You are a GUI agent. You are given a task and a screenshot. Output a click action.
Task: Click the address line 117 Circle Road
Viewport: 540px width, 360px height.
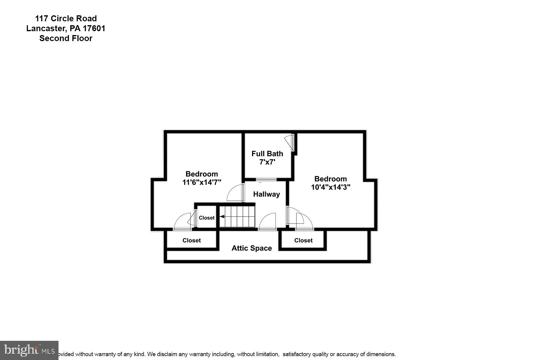tap(66, 19)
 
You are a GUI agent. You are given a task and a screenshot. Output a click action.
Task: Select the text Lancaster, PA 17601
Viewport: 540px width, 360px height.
tap(66, 28)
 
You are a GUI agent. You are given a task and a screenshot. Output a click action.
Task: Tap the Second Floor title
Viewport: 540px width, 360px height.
tap(66, 38)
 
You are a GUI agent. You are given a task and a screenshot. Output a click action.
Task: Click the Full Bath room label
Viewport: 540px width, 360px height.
tap(267, 154)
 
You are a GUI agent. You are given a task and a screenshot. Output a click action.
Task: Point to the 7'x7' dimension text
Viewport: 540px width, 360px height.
tap(267, 162)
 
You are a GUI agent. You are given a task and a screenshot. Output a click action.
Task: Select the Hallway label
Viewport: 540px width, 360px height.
tap(266, 194)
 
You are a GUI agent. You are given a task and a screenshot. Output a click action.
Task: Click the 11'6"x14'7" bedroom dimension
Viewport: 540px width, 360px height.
tap(202, 182)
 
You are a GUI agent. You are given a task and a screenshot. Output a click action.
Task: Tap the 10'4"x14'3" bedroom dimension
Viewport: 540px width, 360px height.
tap(331, 187)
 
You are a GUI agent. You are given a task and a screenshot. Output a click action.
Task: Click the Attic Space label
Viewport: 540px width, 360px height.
tap(252, 248)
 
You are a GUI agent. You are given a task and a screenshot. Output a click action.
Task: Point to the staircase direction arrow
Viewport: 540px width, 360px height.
tap(222, 216)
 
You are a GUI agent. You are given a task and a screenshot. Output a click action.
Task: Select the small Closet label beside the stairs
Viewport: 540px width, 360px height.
tap(207, 218)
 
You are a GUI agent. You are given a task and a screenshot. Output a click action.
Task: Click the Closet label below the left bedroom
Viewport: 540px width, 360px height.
tap(191, 240)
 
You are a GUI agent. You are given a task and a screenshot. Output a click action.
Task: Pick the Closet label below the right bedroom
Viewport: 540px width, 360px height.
tap(303, 240)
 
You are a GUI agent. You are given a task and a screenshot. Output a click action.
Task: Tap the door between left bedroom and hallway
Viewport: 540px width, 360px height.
tap(236, 193)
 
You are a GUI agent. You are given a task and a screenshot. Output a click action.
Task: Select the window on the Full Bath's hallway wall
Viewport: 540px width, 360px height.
tap(266, 180)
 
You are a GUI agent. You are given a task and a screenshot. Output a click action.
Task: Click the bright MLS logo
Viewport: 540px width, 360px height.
tap(29, 350)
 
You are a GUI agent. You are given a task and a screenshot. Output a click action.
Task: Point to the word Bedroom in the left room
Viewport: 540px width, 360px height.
tap(202, 174)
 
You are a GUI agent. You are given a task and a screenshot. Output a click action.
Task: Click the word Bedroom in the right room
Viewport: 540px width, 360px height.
tap(331, 179)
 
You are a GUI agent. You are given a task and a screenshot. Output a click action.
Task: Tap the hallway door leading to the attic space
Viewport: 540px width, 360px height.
tap(268, 222)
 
